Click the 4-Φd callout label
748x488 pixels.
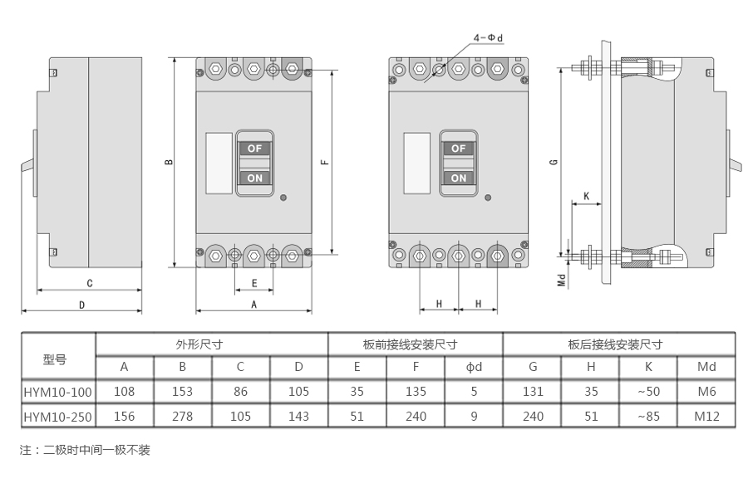click(489, 38)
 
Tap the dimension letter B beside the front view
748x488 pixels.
click(169, 163)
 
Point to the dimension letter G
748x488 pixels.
click(554, 163)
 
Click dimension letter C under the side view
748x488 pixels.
click(89, 283)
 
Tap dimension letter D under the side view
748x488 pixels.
click(81, 305)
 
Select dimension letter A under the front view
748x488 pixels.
click(253, 305)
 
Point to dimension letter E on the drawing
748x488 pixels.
click(254, 283)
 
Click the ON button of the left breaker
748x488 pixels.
click(254, 178)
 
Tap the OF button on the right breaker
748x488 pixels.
click(458, 149)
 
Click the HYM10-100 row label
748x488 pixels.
click(58, 392)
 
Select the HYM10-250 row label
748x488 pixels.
click(58, 417)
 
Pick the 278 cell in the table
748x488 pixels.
click(182, 417)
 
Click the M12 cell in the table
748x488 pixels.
click(706, 417)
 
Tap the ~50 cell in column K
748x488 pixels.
click(648, 392)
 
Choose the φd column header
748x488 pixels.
click(474, 367)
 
